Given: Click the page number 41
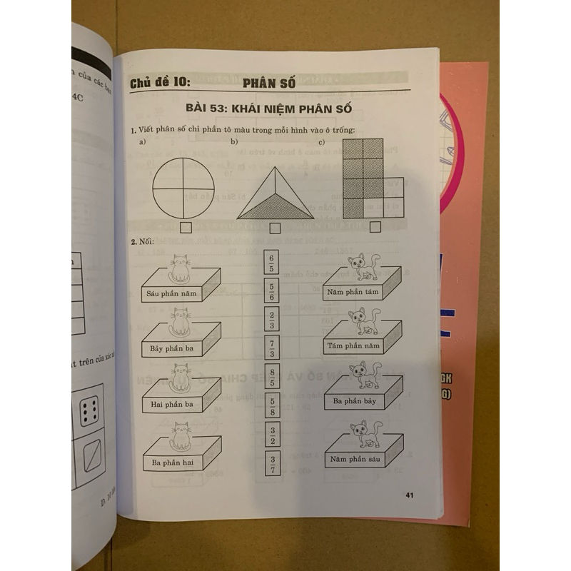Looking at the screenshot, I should (x=409, y=495).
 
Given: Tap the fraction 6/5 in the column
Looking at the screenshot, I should (x=271, y=263).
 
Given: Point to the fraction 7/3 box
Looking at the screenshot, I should (x=271, y=348).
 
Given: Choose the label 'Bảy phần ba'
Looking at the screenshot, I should (x=171, y=348).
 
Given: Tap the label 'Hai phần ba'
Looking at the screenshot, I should (x=171, y=404).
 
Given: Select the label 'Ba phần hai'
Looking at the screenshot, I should (x=171, y=463).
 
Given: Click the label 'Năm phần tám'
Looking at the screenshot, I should (x=353, y=292).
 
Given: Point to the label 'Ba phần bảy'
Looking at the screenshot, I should (x=353, y=401).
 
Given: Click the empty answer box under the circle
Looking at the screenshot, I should (x=186, y=228).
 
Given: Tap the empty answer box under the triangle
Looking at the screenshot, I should (x=275, y=228).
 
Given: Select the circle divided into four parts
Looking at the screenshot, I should (x=183, y=188).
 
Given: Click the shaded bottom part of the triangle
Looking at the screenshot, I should (x=275, y=208).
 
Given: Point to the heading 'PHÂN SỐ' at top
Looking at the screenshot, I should (x=265, y=84).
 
